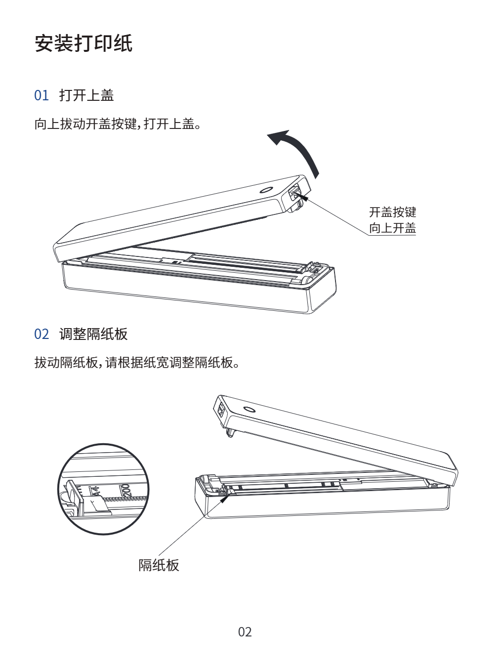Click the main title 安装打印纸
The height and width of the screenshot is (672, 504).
coord(84,43)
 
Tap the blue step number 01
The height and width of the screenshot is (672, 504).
coord(42,95)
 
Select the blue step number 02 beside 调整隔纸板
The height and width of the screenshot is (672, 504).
coord(42,334)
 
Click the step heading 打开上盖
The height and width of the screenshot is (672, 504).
coord(86,95)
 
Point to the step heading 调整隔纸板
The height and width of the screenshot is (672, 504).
coord(93,334)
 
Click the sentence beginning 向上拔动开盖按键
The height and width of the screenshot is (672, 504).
coord(118,124)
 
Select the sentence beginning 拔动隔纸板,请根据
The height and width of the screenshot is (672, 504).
coord(137,363)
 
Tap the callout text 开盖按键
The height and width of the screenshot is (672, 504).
coord(393,212)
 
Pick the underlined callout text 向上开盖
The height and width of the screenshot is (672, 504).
coord(393,228)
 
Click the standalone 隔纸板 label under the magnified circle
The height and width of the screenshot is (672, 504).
coord(159,565)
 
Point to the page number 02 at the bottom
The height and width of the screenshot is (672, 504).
coord(245,632)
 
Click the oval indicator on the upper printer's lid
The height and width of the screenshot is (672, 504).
coord(266,190)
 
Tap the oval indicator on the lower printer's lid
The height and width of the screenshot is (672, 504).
coord(249,410)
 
